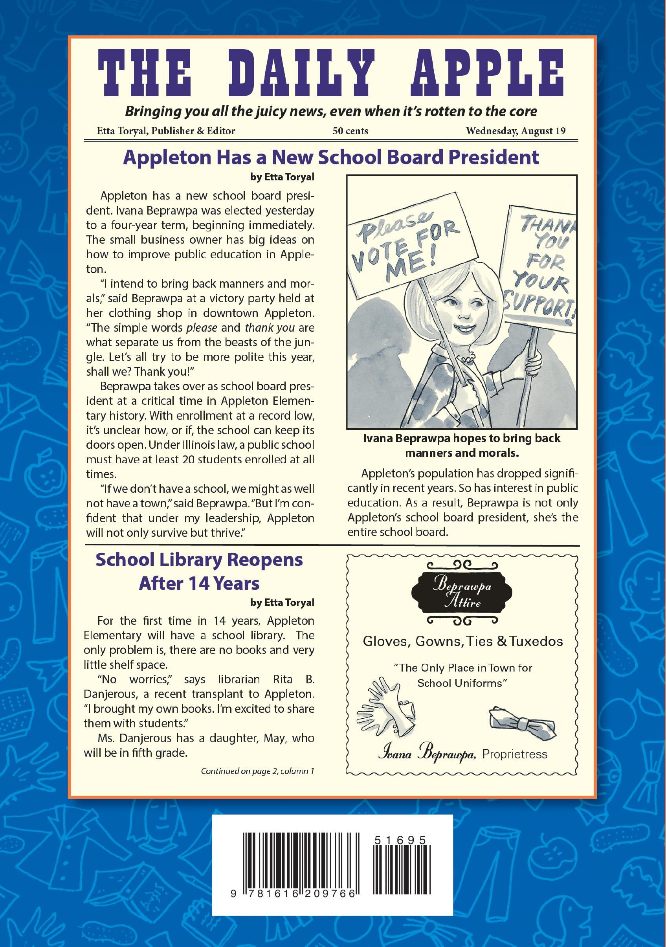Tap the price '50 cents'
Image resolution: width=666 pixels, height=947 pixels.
[350, 131]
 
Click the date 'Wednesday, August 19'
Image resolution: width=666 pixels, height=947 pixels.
[516, 131]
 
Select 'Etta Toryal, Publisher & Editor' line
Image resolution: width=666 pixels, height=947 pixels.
[166, 131]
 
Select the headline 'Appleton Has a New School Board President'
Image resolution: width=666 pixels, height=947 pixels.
[331, 157]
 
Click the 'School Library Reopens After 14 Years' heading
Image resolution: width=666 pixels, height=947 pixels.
[199, 571]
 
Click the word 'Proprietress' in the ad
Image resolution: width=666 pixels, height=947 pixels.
[515, 754]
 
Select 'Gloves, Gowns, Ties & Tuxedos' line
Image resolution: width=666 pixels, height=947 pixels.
[463, 641]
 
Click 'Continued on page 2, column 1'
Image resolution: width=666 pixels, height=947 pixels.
[257, 771]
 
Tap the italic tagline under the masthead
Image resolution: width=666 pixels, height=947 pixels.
[331, 111]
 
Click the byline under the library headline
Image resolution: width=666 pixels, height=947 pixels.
[282, 603]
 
